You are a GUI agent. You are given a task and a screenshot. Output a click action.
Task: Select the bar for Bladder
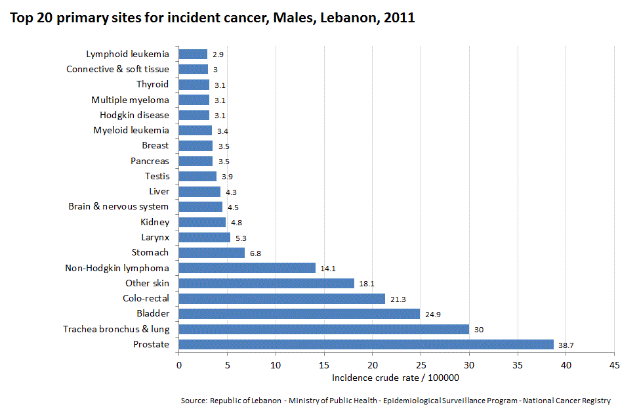pos(299,314)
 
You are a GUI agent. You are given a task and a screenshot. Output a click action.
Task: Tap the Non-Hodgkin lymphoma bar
pos(247,268)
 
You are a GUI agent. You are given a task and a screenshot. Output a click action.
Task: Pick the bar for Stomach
pos(211,253)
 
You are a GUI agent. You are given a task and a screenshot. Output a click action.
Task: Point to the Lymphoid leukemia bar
pos(193,55)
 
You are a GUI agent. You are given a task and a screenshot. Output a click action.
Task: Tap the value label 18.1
pos(365,284)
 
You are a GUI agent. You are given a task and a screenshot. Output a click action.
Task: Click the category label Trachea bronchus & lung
pos(116,329)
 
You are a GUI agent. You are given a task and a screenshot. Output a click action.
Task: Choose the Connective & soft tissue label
pos(117,69)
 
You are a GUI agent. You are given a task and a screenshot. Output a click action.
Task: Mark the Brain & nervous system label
pos(118,206)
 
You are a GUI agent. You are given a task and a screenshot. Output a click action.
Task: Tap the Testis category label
pos(157,176)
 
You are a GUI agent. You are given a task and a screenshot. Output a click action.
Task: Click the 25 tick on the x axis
pos(421,364)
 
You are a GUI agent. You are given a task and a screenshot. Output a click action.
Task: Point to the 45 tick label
pos(614,364)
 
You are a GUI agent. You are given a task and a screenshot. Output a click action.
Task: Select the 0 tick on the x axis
pos(178,364)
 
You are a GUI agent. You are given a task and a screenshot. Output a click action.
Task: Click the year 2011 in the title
pos(399,18)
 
